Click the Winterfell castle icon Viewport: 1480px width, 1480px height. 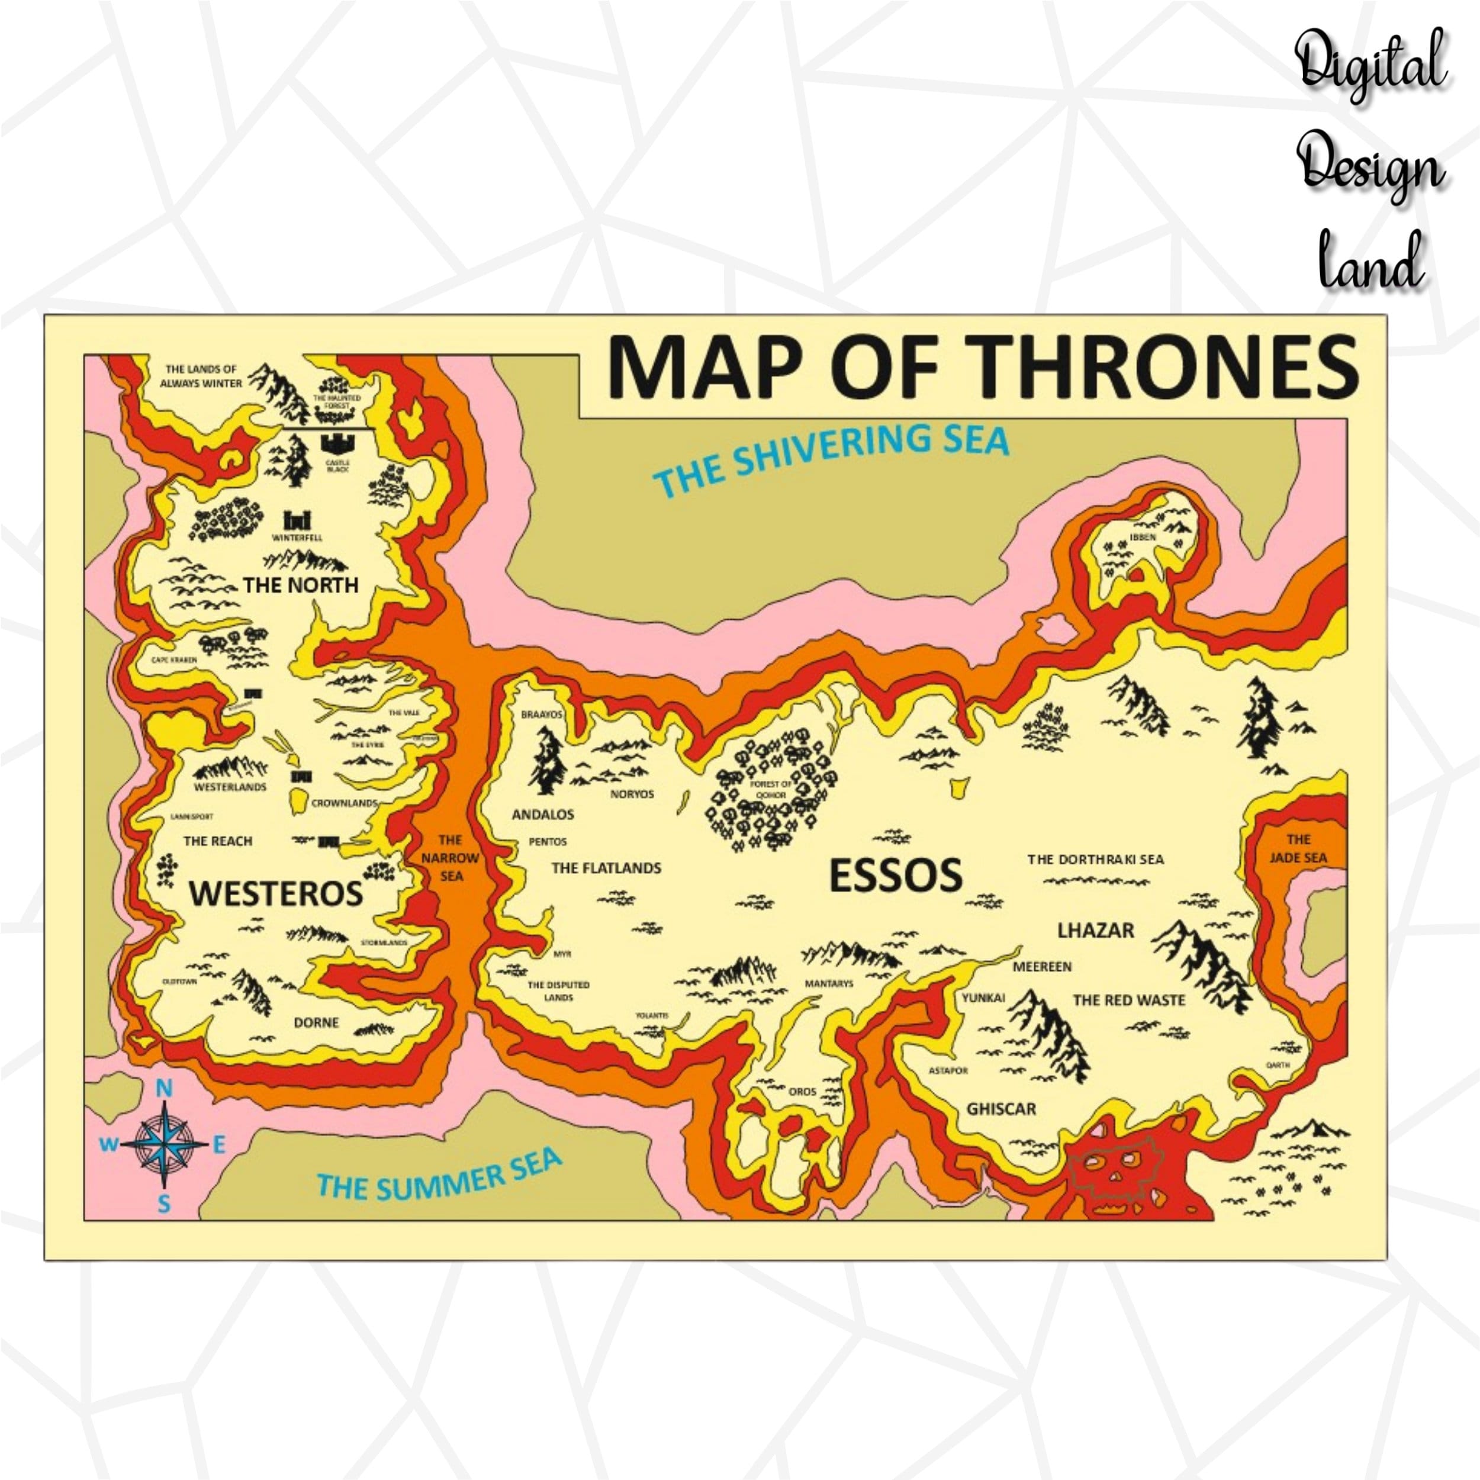click(297, 520)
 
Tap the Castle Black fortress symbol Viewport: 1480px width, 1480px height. click(337, 443)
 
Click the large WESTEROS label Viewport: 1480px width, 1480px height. click(276, 893)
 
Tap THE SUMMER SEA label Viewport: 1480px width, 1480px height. click(439, 1175)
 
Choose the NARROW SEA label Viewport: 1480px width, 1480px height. click(451, 857)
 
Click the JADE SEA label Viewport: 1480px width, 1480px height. click(1298, 849)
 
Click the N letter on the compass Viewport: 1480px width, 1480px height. click(164, 1089)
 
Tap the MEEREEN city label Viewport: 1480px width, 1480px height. click(1042, 967)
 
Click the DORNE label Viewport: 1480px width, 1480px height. click(316, 1022)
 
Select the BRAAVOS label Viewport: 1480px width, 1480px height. click(542, 714)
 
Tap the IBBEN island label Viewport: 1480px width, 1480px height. click(1142, 537)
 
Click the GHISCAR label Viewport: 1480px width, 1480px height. click(1001, 1108)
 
